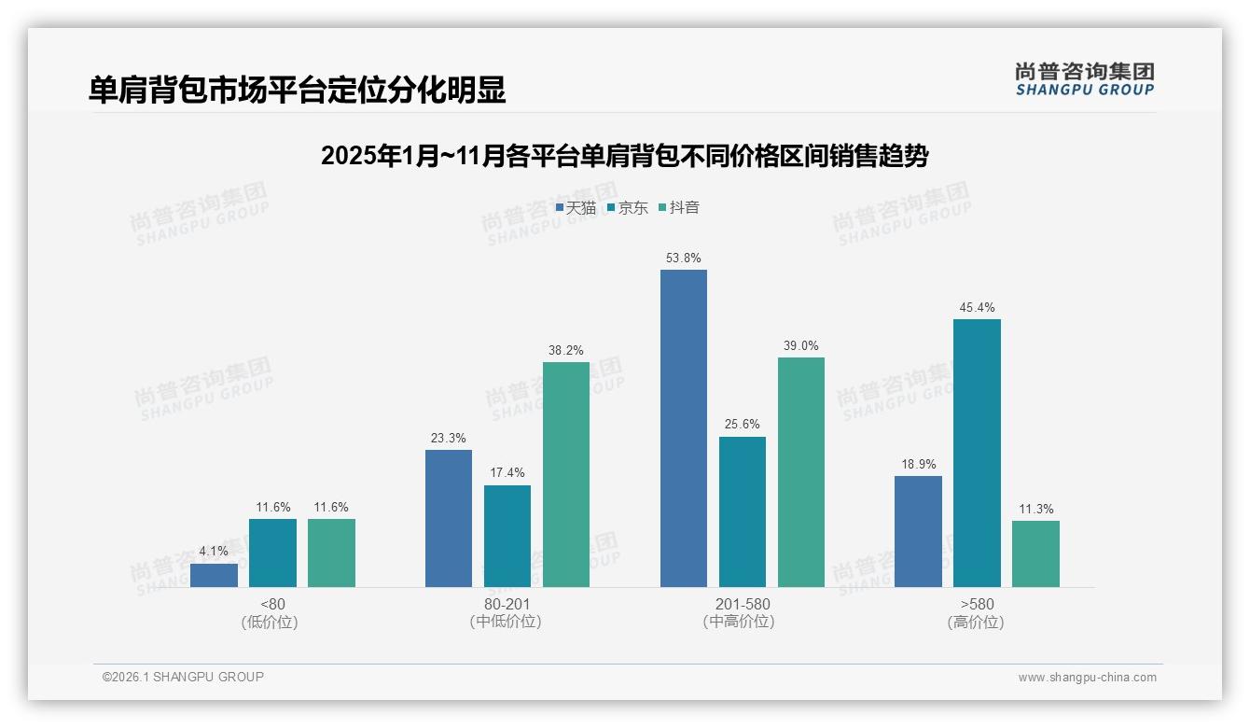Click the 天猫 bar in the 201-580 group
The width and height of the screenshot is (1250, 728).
click(x=683, y=428)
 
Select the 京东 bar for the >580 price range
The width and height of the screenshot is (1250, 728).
click(x=977, y=453)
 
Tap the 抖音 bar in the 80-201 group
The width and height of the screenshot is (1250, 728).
click(x=566, y=474)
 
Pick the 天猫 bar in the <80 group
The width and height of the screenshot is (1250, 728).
click(x=214, y=575)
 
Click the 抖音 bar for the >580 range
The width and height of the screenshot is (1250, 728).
click(x=1035, y=553)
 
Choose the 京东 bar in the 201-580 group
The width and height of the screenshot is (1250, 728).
click(x=742, y=511)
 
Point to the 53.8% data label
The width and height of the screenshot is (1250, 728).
click(x=683, y=258)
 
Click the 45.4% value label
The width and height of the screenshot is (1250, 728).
click(x=977, y=307)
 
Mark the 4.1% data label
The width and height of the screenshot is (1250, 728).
click(x=214, y=551)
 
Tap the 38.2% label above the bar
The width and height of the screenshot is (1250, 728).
click(x=566, y=350)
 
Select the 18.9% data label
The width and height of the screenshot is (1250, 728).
click(x=918, y=464)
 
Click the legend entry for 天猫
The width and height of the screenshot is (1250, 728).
click(x=576, y=207)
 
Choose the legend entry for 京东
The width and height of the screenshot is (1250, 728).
click(x=628, y=207)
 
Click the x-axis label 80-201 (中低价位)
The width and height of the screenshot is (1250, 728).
click(x=507, y=612)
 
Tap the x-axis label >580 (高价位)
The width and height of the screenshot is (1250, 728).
click(x=976, y=612)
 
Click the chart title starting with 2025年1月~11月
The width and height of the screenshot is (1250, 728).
click(x=624, y=156)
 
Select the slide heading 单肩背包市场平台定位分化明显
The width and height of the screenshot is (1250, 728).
click(x=298, y=90)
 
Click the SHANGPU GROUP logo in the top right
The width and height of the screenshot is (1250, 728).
click(x=1084, y=79)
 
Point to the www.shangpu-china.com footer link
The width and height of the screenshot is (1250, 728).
click(x=1087, y=677)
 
